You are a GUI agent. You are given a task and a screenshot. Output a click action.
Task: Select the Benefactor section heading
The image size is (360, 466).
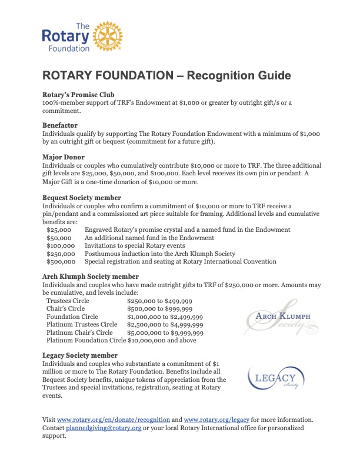[x=61, y=125]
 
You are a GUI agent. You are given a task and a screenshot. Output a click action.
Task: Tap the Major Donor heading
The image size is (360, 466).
[x=64, y=157]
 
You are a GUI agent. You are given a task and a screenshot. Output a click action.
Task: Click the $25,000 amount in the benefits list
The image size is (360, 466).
[x=59, y=229]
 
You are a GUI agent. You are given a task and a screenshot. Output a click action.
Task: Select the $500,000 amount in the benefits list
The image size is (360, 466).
[x=61, y=261]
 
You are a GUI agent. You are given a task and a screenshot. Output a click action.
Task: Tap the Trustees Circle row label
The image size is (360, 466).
[x=68, y=301]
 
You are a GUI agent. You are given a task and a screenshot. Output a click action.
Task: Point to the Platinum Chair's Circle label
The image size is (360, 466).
[x=79, y=332]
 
